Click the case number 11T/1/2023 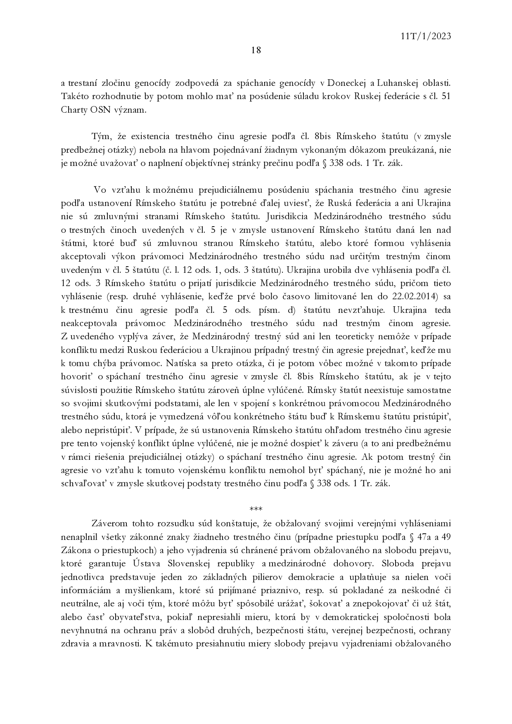tap(425, 36)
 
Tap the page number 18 tap(256, 50)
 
